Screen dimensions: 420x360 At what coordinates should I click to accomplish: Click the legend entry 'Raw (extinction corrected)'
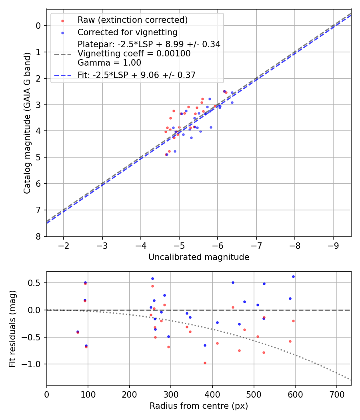tap(132, 20)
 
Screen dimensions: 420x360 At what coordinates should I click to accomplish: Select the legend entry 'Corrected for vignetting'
tap(128, 32)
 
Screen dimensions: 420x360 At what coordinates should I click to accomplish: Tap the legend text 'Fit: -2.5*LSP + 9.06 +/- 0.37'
tap(136, 75)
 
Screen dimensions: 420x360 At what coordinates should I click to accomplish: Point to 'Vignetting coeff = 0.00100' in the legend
tap(134, 54)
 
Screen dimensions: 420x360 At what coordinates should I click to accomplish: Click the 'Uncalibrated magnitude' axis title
tap(199, 257)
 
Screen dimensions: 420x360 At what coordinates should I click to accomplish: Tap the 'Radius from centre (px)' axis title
tap(199, 406)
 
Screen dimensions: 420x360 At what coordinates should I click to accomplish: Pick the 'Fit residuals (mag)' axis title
tap(13, 328)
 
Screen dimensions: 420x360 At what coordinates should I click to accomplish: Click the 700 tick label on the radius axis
tap(336, 394)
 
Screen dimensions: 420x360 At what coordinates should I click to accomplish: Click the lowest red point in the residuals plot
tap(205, 363)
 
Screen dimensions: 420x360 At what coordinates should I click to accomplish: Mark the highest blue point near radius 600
tap(293, 276)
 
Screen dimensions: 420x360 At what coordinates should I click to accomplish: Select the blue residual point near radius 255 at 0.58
tap(152, 278)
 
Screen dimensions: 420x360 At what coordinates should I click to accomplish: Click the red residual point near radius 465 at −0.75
tap(239, 350)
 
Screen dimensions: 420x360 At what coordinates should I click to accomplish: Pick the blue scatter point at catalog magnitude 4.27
tap(191, 138)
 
